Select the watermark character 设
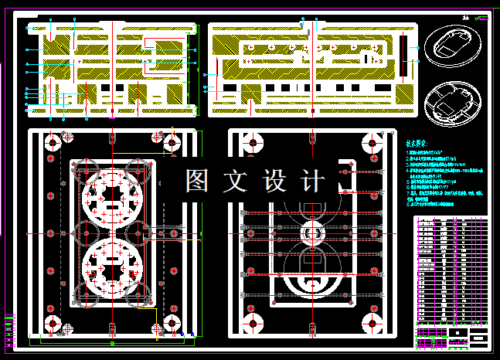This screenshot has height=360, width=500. point(275,182)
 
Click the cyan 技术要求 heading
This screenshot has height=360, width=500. point(417,144)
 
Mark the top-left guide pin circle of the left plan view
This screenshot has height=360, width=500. point(53,143)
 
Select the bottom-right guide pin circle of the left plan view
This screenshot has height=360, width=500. point(172,323)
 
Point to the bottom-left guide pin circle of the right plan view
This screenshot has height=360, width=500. point(250,323)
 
